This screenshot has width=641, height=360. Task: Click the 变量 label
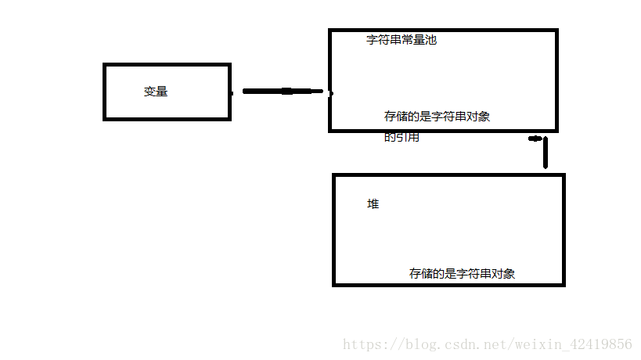pyautogui.click(x=155, y=92)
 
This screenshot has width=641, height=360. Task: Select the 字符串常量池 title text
pyautogui.click(x=402, y=40)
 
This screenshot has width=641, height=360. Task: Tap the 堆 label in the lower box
pyautogui.click(x=373, y=204)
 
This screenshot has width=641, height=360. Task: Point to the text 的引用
pyautogui.click(x=402, y=138)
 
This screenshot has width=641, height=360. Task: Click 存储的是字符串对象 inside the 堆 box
pyautogui.click(x=462, y=274)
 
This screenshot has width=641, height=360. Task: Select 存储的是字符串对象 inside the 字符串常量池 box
pyautogui.click(x=438, y=117)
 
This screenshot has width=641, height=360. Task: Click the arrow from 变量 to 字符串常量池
pyautogui.click(x=282, y=92)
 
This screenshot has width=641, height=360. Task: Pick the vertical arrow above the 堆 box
pyautogui.click(x=545, y=152)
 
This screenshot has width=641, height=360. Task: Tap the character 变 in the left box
pyautogui.click(x=149, y=92)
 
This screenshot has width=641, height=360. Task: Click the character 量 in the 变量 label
pyautogui.click(x=161, y=92)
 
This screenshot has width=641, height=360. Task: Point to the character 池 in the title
pyautogui.click(x=430, y=40)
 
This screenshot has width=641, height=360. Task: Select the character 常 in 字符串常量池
pyautogui.click(x=407, y=40)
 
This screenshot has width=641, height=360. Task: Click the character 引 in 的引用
pyautogui.click(x=402, y=138)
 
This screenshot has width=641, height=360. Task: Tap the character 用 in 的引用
pyautogui.click(x=413, y=138)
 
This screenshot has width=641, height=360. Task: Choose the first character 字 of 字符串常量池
pyautogui.click(x=373, y=40)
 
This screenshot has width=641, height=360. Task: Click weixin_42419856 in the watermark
pyautogui.click(x=573, y=344)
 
